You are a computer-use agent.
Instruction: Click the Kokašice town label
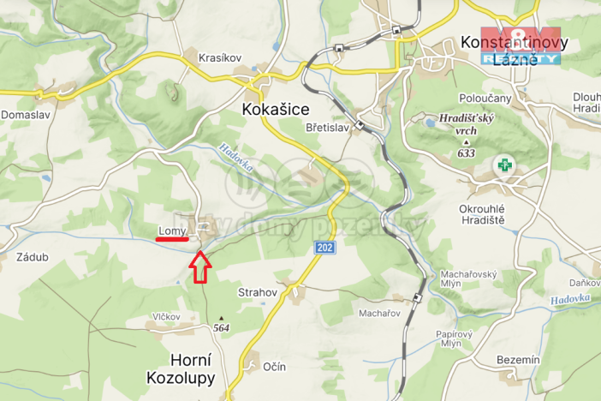(x=276, y=110)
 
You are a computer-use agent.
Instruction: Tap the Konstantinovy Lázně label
(x=509, y=50)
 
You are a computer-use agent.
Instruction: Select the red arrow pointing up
(x=199, y=266)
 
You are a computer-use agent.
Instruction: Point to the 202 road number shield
(x=325, y=248)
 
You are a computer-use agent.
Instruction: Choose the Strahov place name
(x=258, y=292)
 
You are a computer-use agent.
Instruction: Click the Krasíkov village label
(x=220, y=57)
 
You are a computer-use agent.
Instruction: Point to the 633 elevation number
(x=466, y=153)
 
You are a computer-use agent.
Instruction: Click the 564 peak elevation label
(x=222, y=327)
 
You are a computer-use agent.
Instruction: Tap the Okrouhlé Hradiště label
(x=482, y=214)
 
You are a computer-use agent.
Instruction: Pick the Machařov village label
(x=379, y=314)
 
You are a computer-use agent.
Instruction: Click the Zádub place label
(x=32, y=256)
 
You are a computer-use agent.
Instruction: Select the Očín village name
(x=274, y=366)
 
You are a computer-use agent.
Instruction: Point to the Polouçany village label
(x=485, y=99)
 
